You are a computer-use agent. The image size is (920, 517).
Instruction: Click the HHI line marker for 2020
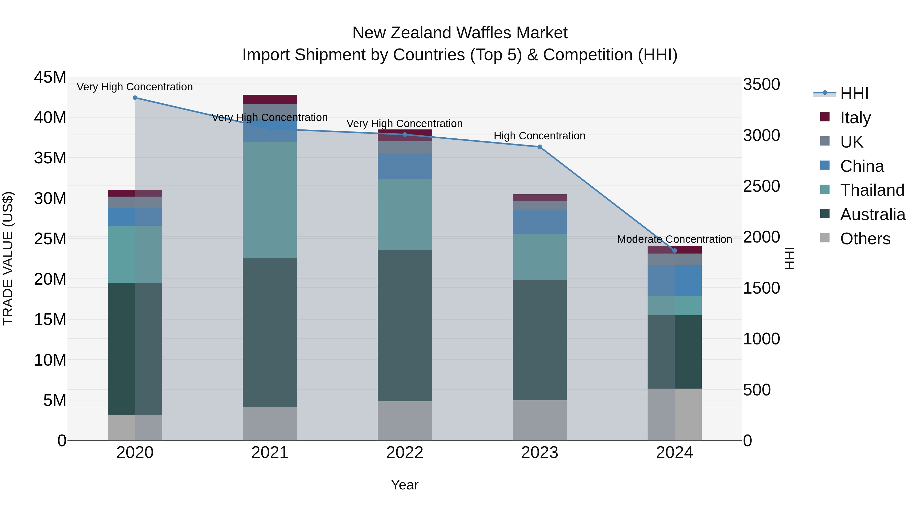point(135,98)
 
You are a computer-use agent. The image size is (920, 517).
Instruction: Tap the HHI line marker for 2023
point(540,147)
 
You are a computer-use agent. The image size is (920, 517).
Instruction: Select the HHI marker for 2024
point(675,250)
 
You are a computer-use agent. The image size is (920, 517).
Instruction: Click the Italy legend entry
point(855,117)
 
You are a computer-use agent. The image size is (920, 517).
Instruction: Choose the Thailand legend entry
point(872,190)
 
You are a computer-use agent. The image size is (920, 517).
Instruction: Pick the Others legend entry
point(865,239)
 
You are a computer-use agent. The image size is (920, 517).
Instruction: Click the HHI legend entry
point(854,93)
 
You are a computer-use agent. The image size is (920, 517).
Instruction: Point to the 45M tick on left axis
point(50,77)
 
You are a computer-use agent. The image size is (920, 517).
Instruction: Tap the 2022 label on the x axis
point(405,453)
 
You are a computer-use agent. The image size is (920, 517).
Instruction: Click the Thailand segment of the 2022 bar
point(405,214)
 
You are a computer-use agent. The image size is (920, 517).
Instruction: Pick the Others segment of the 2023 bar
point(540,420)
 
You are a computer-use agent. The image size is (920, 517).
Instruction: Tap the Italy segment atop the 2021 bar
point(270,99)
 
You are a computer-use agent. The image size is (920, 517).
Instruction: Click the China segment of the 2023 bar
point(540,222)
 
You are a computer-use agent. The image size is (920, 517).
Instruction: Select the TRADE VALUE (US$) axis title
point(8,258)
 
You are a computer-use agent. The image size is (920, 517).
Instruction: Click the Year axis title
point(405,485)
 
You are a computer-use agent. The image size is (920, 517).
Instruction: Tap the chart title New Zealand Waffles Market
point(460,33)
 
